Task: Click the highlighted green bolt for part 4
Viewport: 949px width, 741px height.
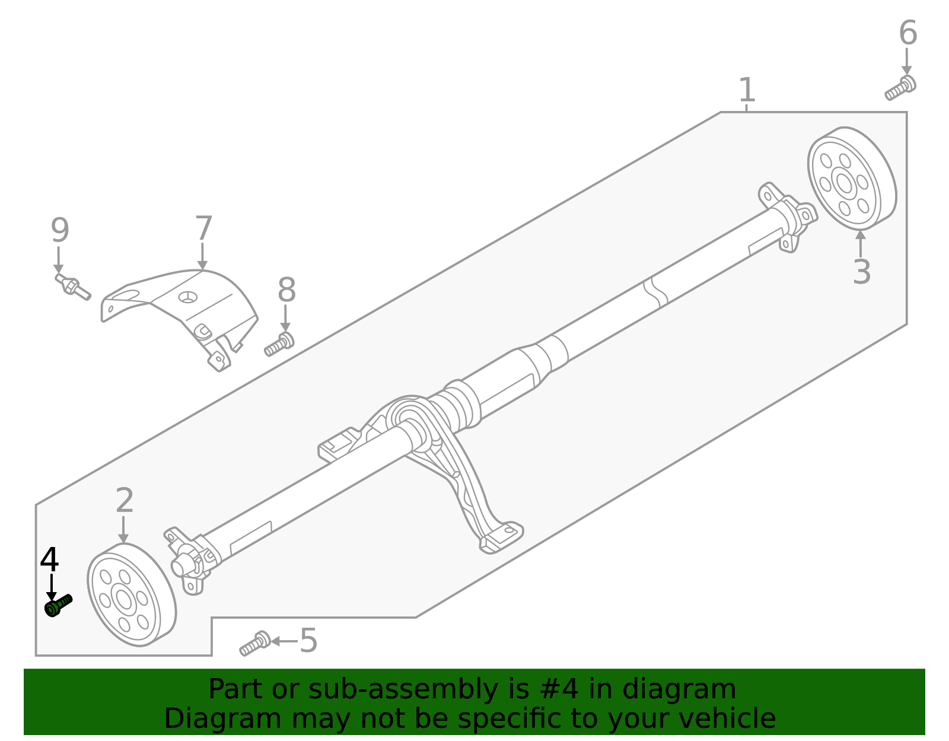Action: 58,606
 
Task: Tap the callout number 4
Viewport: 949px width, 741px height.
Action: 50,560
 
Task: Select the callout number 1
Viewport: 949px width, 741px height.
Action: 747,90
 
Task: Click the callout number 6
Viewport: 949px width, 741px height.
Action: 907,33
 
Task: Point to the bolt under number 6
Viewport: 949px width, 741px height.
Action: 900,88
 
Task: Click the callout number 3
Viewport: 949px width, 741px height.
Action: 861,272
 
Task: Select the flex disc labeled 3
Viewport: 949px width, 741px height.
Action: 851,179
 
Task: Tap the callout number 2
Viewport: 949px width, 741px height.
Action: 125,501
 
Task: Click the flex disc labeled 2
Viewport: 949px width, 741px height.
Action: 131,595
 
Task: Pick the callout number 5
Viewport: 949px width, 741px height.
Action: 308,641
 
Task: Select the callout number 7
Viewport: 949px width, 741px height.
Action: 203,228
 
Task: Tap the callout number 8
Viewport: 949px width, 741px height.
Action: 286,291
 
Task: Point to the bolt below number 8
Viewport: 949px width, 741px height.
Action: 279,344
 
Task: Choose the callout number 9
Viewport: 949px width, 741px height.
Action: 59,230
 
